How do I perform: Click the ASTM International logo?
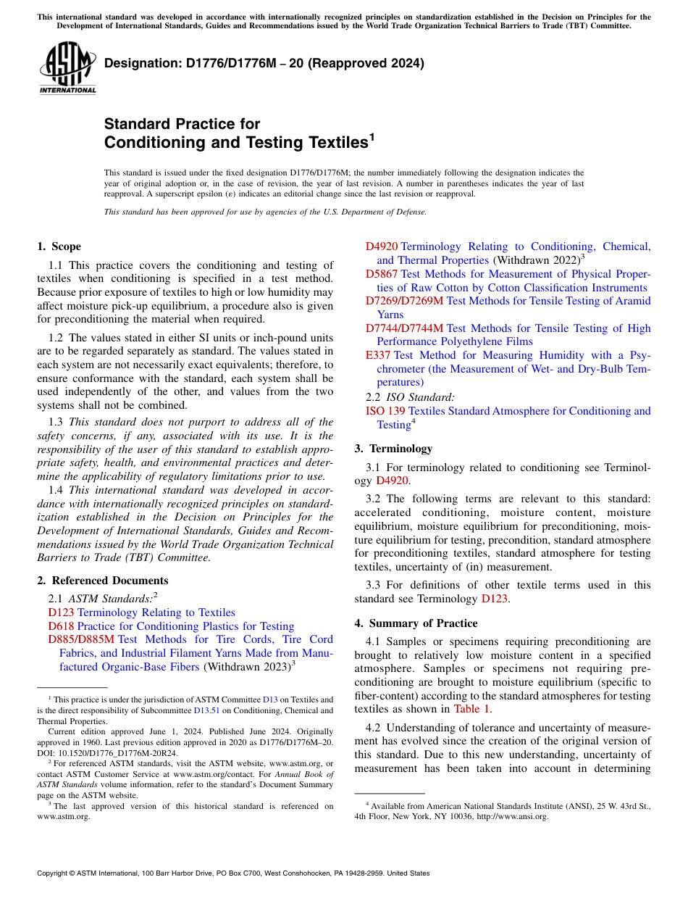[x=67, y=68]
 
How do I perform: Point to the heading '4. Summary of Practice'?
[x=416, y=623]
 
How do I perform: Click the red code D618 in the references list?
[x=61, y=626]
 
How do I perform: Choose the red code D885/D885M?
[x=81, y=639]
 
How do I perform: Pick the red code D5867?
[x=382, y=274]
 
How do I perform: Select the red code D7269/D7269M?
[x=404, y=301]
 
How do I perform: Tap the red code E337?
[x=378, y=355]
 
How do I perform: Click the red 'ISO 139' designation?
[x=385, y=411]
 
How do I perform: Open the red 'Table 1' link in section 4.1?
[x=472, y=709]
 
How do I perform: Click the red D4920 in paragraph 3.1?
[x=393, y=480]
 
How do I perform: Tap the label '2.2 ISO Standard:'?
[x=411, y=396]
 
